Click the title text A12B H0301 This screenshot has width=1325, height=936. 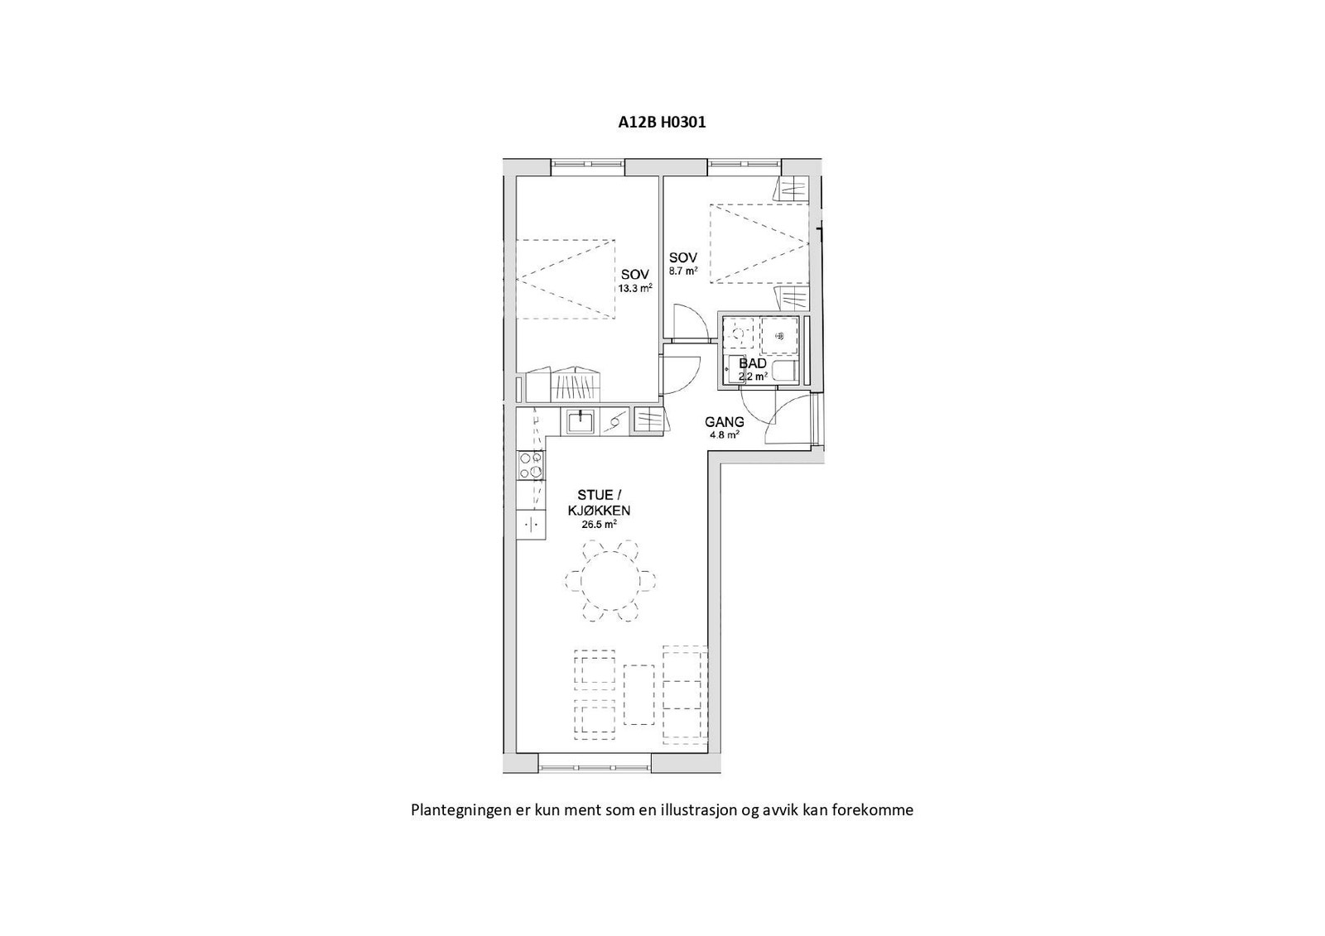pos(662,122)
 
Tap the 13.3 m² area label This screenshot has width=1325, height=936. pos(634,289)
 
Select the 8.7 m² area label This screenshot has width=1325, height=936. pos(683,271)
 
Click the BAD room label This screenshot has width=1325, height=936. pos(753,363)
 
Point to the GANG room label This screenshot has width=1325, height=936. pos(725,422)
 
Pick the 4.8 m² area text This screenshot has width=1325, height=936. pos(723,434)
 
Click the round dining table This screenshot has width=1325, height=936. pos(610,580)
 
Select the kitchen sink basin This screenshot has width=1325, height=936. pos(581,421)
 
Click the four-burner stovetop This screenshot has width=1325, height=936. pos(531,466)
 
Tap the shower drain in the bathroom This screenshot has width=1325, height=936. pos(778,335)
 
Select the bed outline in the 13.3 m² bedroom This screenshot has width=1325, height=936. pos(566,279)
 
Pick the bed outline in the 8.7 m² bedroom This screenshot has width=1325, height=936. pos(758,244)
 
